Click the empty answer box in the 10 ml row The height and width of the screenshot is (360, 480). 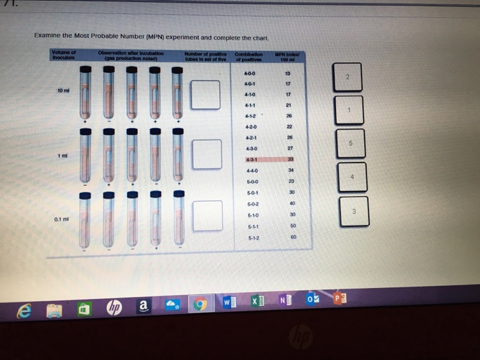pos(205,95)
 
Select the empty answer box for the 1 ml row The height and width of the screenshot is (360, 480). pos(207,153)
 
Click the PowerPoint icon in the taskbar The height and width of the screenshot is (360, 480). pos(340,300)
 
